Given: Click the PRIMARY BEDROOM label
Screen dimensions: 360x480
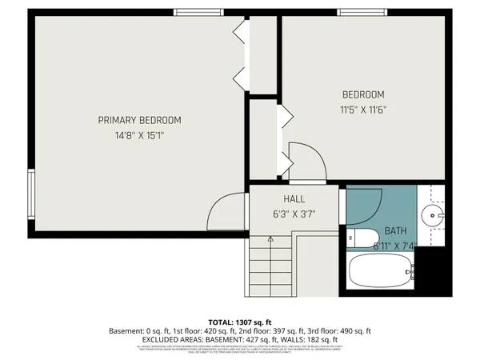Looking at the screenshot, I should click(139, 120).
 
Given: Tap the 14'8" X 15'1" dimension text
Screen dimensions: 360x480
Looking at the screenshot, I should click(139, 136).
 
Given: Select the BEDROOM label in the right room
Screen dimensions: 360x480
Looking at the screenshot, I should click(363, 94).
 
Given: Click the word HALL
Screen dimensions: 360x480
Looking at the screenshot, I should click(294, 198).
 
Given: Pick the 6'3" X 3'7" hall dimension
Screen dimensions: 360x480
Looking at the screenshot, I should click(294, 214).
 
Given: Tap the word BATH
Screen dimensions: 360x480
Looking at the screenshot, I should click(395, 230).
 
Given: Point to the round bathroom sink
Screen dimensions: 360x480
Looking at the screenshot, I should click(432, 214).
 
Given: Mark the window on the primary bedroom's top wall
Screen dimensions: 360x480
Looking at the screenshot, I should click(198, 11).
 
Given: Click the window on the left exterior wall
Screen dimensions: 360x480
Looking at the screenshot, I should click(30, 197).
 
